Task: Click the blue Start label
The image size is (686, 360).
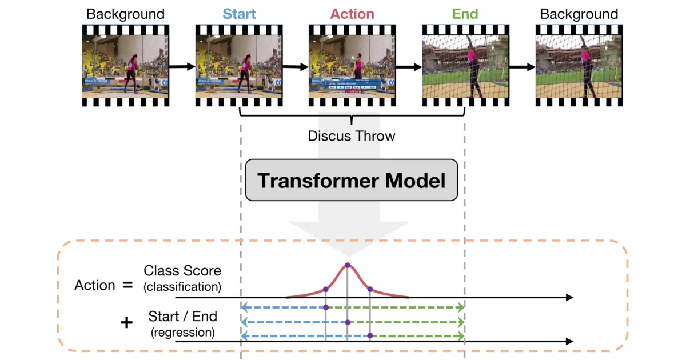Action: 239,14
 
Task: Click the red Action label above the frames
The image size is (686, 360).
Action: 352,14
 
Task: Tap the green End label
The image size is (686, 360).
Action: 465,14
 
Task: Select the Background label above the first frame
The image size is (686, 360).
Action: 125,14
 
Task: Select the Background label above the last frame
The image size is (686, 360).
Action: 579,14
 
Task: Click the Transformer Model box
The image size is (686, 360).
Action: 352,180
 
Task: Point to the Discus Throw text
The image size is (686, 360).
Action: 352,136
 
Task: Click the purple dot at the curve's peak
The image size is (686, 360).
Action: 348,265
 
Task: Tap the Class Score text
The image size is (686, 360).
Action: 182,271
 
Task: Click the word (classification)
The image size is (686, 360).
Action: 182,287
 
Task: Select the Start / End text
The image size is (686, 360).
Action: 183,316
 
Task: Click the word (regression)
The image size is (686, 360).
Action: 183,333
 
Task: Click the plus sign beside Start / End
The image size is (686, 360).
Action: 126,323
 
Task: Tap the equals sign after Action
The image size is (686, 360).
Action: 127,285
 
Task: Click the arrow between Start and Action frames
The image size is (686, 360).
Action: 295,66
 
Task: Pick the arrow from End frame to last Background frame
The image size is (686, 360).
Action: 523,67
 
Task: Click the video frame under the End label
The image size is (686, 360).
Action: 465,66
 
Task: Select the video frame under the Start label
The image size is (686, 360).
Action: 239,66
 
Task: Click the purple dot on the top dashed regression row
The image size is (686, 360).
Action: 326,307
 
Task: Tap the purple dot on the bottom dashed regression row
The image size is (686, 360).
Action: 370,336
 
